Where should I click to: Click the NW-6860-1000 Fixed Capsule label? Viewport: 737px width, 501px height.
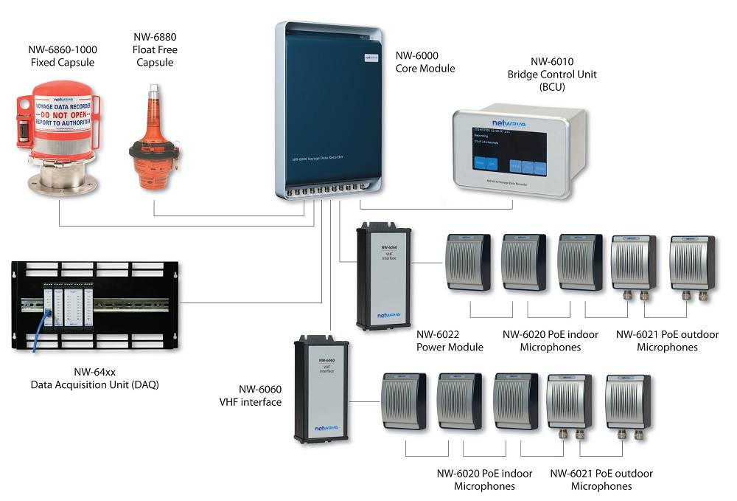[63, 56]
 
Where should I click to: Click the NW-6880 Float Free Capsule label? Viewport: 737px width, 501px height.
[155, 49]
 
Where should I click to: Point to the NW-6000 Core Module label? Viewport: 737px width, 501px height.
[425, 62]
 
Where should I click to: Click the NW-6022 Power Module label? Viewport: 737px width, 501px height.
[450, 341]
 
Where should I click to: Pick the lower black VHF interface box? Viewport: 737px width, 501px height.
[321, 389]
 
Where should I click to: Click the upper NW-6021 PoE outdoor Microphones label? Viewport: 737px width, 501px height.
[667, 341]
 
